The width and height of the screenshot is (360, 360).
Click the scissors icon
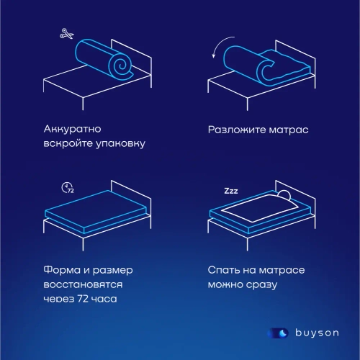point(67,33)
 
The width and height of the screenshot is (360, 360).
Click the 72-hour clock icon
point(68,188)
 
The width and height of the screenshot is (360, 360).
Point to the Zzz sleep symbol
point(231,192)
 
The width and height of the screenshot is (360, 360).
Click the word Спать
point(225,271)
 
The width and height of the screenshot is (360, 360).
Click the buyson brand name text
point(318,333)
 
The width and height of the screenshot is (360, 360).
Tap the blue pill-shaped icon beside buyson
point(278,333)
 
